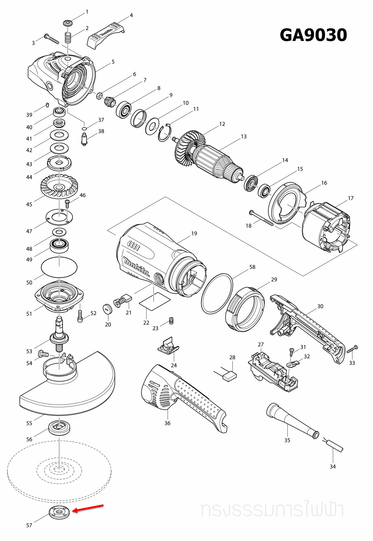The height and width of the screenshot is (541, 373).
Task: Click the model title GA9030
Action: (313, 35)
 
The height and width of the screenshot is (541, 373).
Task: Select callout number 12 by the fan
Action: (222, 124)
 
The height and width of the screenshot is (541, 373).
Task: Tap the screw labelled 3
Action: (52, 39)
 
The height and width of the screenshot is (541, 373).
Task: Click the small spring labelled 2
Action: (68, 38)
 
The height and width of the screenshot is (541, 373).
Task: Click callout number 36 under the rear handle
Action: (167, 423)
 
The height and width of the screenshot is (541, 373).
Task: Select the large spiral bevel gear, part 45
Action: (59, 186)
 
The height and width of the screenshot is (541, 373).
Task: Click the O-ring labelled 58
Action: (217, 293)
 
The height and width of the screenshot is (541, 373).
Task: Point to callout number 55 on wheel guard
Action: (29, 423)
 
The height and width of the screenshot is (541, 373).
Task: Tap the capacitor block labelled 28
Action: (230, 376)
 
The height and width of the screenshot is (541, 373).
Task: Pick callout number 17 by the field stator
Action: (350, 198)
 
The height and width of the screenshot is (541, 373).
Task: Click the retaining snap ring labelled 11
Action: (165, 133)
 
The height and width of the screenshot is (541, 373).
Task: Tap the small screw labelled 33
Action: (352, 349)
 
